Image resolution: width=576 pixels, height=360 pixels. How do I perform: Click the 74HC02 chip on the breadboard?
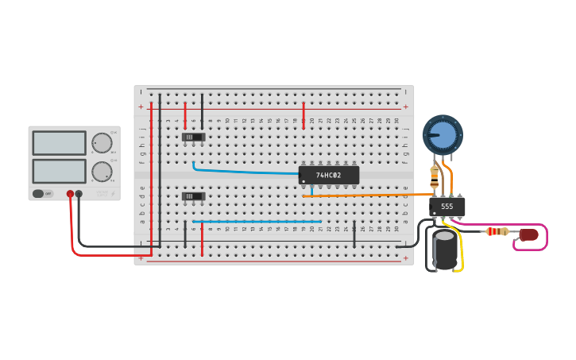329,175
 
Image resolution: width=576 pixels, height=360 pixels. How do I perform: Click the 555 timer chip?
447,207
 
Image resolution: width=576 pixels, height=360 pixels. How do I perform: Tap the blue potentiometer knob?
443,134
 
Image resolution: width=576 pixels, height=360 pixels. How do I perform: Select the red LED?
529,234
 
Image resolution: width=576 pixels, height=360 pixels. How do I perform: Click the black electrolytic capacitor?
445,250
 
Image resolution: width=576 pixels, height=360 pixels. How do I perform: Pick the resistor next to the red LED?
497,231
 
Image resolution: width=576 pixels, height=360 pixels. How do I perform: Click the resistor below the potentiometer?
434,176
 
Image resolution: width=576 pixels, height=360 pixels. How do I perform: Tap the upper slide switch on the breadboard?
193,137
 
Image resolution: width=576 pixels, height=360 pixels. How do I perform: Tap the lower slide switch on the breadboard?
193,196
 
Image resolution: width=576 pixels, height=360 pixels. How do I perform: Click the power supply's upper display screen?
59,143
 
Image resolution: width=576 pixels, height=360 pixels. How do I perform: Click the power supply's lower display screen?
59,171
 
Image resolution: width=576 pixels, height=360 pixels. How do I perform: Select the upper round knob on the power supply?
102,143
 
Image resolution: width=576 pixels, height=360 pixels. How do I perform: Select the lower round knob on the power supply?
102,171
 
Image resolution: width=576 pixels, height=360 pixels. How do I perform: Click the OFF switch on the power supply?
43,193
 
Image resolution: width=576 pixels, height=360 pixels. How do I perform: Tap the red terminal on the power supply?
70,194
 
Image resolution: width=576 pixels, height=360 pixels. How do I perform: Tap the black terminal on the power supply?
79,194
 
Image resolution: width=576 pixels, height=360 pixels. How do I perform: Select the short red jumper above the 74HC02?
303,114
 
